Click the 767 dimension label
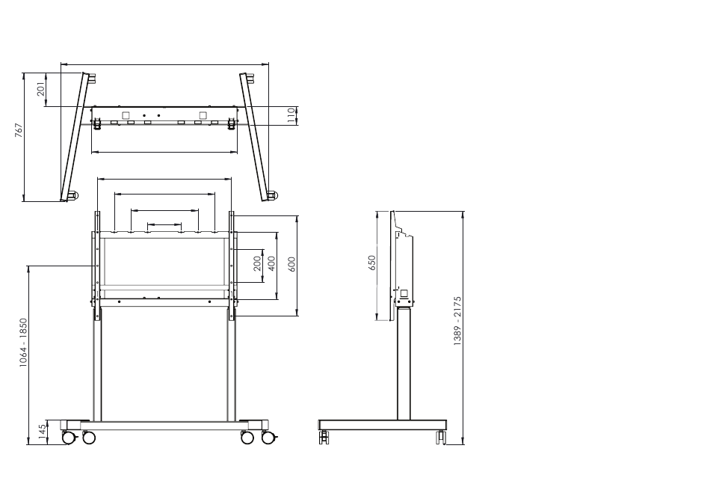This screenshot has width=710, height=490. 18,130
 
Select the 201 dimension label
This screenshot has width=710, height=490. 41,89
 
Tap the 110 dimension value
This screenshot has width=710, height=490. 292,115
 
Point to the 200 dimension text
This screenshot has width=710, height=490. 257,264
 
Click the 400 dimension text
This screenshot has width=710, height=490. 272,263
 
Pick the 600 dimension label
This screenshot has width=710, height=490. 291,264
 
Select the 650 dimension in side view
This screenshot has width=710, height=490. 371,263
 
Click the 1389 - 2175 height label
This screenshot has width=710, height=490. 457,322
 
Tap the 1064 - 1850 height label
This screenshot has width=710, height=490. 23,343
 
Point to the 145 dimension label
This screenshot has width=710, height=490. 42,432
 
